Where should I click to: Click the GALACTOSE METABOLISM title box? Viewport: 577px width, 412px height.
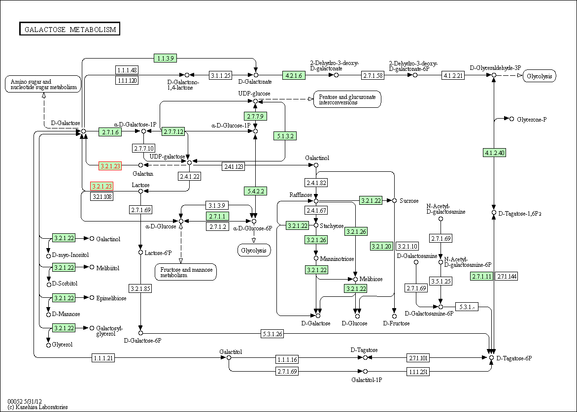coord(70,29)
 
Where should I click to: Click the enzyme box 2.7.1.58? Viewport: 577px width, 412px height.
coord(373,75)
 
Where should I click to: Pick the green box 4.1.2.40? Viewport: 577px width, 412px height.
coord(495,153)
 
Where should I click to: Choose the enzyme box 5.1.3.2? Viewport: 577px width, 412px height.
coord(286,136)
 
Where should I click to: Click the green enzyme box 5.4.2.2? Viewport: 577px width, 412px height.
coord(255,190)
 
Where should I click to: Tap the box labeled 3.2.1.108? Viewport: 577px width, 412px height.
coord(102,196)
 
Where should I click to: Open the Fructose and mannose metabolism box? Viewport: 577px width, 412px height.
coord(186,272)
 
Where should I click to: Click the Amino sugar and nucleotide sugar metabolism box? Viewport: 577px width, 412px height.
coord(43,84)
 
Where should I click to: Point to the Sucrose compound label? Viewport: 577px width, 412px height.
coord(409,201)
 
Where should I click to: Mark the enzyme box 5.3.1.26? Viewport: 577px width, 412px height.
coord(272,334)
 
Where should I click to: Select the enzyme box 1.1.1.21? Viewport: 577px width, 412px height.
coord(103,358)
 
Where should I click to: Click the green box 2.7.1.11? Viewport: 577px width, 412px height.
coord(481,276)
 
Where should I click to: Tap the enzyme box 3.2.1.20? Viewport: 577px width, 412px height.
coord(381,246)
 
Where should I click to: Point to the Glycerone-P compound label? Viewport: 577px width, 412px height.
coord(532,120)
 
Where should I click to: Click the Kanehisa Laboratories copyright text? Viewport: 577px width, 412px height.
coord(38,407)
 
